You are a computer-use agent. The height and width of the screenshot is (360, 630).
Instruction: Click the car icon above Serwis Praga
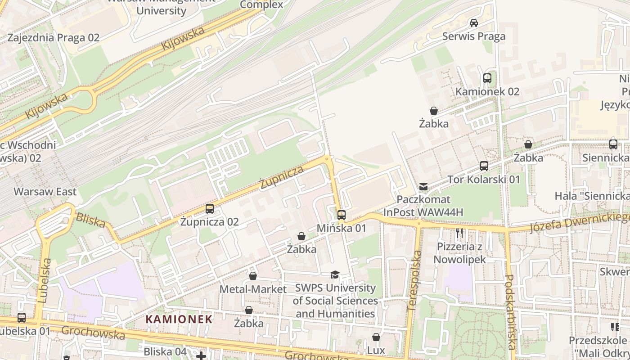(x=473, y=22)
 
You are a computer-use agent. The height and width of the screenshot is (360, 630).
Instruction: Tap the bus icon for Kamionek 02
(x=487, y=78)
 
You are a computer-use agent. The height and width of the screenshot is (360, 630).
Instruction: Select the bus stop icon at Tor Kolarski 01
(x=484, y=166)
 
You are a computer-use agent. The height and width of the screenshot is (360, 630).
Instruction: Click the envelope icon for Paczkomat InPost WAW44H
(x=423, y=186)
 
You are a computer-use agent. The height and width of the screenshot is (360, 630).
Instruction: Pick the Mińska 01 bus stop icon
(x=342, y=215)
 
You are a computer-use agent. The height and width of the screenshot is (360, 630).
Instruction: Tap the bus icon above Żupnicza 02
(x=210, y=208)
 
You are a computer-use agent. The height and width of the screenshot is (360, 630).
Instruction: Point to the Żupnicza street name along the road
(x=282, y=177)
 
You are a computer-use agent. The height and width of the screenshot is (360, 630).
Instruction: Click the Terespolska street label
(x=414, y=281)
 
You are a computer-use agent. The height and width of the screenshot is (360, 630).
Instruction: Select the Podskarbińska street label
(x=510, y=312)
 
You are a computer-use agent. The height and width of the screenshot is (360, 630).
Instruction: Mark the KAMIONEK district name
(x=179, y=319)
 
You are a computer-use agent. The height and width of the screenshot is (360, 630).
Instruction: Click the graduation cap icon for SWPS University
(x=335, y=275)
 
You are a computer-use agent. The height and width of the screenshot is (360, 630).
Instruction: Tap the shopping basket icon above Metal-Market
(x=253, y=276)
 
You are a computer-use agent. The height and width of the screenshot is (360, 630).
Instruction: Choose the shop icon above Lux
(x=376, y=337)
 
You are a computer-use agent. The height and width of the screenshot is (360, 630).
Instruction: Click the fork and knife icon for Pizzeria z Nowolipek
(x=459, y=233)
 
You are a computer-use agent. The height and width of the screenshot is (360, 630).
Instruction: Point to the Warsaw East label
(x=45, y=192)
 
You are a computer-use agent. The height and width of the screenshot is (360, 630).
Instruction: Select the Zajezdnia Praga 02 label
(x=53, y=38)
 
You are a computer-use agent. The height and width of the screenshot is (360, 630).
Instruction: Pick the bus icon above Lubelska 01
(x=22, y=318)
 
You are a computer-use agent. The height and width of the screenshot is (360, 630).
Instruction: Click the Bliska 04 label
(x=165, y=351)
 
